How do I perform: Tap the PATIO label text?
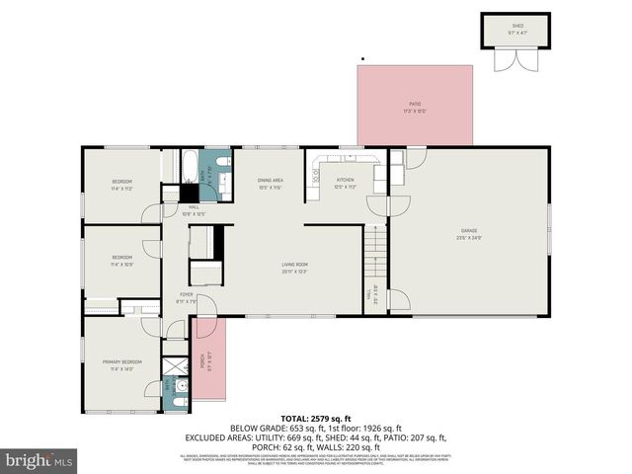click(415, 106)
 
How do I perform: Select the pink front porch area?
click(210, 359)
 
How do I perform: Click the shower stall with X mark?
click(175, 366)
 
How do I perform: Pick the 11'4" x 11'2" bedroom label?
click(121, 185)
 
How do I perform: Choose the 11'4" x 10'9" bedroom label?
click(121, 261)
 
